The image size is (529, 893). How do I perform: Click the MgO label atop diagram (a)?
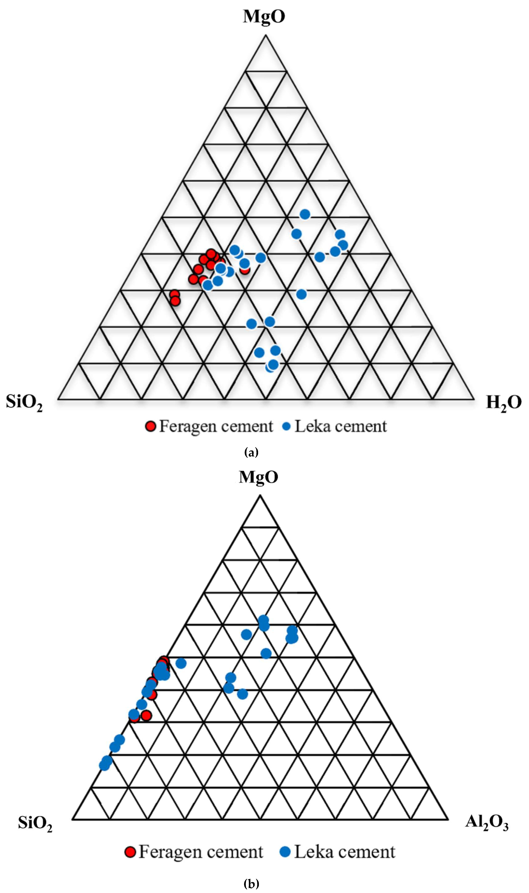(264, 16)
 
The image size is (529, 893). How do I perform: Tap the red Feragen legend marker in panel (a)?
(151, 426)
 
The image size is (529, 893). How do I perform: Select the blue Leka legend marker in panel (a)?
(286, 426)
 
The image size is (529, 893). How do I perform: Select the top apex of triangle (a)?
(266, 35)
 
